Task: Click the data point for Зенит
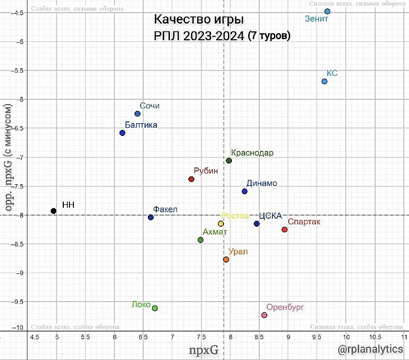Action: click(327, 11)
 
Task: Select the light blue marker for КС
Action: click(324, 81)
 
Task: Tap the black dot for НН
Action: click(53, 211)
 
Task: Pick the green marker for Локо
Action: click(155, 308)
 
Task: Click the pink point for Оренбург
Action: click(264, 315)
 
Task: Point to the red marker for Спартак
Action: click(285, 230)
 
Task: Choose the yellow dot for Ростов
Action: click(221, 223)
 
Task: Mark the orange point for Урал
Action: click(226, 259)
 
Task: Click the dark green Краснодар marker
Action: click(229, 161)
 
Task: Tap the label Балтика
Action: click(141, 125)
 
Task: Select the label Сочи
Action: click(150, 106)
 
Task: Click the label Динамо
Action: click(261, 183)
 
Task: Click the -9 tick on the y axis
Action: click(21, 273)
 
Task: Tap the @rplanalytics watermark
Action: click(373, 349)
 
